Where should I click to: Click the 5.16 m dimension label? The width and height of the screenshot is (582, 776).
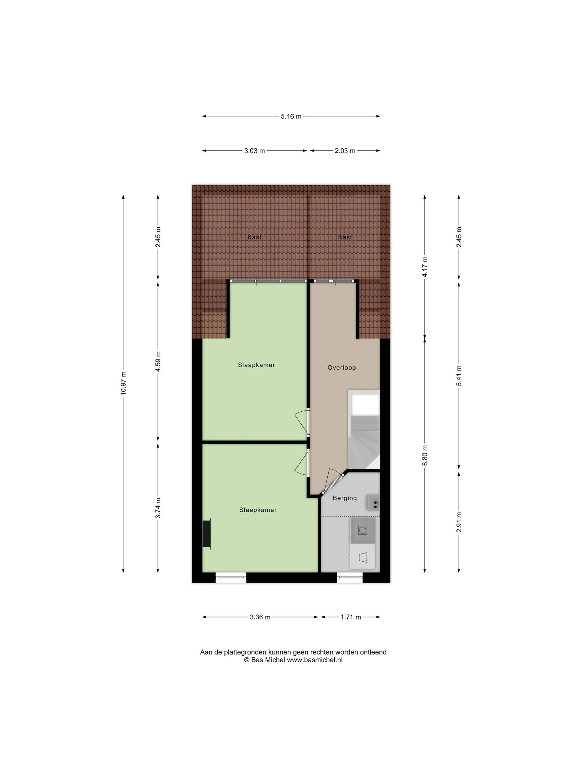(291, 116)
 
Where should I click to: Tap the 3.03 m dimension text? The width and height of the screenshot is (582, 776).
(254, 151)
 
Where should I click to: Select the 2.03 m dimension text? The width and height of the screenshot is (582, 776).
(345, 151)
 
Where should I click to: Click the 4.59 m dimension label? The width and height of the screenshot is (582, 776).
(158, 361)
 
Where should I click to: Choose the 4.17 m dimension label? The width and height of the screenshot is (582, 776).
(425, 267)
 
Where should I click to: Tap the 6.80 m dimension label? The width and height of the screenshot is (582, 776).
(425, 455)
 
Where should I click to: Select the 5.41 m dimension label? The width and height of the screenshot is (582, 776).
(459, 375)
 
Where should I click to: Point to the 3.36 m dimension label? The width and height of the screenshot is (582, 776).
(260, 617)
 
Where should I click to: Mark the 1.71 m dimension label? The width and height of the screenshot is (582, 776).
(350, 617)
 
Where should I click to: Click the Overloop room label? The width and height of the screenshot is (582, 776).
(341, 368)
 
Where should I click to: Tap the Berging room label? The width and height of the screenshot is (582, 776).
(344, 498)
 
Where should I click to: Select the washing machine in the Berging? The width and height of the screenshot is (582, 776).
(363, 530)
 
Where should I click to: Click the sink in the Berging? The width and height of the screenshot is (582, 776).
(374, 502)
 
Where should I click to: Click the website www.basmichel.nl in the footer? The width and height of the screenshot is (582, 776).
(315, 660)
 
